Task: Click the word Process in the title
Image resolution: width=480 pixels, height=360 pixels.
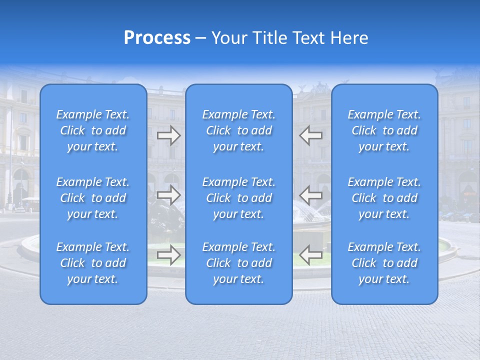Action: [x=157, y=38]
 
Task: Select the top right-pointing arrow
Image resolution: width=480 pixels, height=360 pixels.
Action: [x=168, y=135]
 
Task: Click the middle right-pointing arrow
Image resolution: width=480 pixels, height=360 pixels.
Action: [x=168, y=194]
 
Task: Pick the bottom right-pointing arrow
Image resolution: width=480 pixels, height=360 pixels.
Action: [x=168, y=254]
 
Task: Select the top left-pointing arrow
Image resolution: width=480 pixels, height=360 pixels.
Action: [x=311, y=135]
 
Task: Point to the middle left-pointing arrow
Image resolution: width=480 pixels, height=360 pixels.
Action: [x=311, y=194]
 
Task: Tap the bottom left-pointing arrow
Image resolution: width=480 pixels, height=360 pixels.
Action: [x=311, y=254]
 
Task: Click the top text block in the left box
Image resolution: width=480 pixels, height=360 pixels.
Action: [x=93, y=130]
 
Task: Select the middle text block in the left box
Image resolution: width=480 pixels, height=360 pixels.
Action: [x=93, y=198]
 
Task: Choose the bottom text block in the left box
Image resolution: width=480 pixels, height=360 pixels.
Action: [x=93, y=263]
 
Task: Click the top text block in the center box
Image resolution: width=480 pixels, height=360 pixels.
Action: [x=239, y=130]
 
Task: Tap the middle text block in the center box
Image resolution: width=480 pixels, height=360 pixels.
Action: [x=239, y=198]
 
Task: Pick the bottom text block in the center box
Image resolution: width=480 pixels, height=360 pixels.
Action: [x=239, y=263]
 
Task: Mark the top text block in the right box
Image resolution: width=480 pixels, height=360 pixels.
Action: [x=384, y=130]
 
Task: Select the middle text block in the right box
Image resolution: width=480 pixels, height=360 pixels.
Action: [x=384, y=198]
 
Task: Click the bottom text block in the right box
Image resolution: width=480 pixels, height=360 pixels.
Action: [x=384, y=263]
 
